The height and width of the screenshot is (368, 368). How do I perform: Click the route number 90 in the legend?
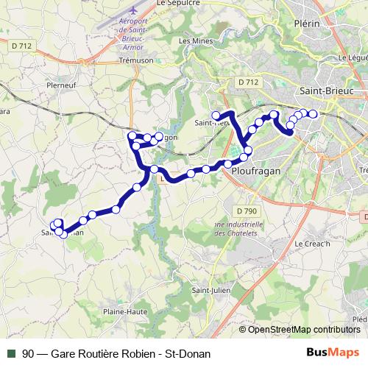tap(28, 354)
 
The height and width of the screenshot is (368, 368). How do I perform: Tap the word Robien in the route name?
tap(129, 354)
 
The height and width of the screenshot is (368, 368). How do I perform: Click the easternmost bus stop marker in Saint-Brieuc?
tap(313, 113)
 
